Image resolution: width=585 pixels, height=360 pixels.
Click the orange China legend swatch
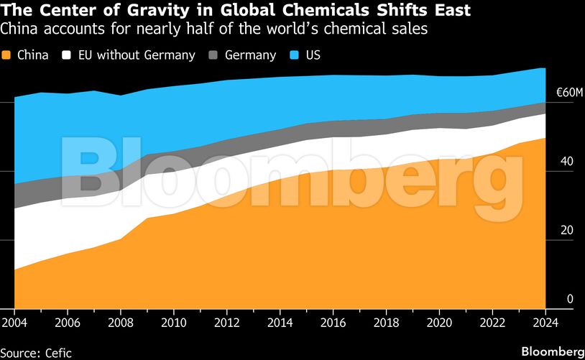[x=7, y=55]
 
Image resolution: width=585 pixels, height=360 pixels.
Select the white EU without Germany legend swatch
[x=68, y=55]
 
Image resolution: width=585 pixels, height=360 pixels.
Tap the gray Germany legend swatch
[x=213, y=55]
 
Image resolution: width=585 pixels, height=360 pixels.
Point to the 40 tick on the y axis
[x=566, y=162]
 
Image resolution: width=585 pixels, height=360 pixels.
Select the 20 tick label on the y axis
[x=566, y=231]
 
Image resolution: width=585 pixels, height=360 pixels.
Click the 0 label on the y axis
[x=570, y=299]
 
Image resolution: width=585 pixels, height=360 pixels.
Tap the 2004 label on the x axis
[x=14, y=323]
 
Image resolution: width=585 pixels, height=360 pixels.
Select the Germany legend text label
[x=250, y=55]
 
